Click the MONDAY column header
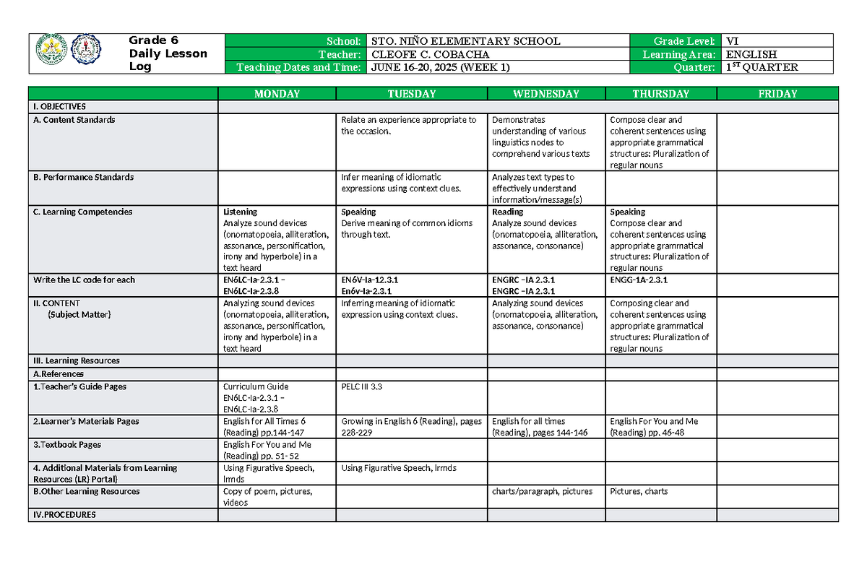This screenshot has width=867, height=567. pyautogui.click(x=277, y=94)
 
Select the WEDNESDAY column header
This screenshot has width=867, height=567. pyautogui.click(x=545, y=94)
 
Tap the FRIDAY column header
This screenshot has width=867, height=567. pyautogui.click(x=777, y=94)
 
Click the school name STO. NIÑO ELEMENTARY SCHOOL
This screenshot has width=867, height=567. pyautogui.click(x=465, y=41)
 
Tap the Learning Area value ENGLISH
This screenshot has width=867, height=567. pyautogui.click(x=751, y=54)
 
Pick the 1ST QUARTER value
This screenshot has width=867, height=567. pyautogui.click(x=762, y=67)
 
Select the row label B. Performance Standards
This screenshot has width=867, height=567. pyautogui.click(x=84, y=177)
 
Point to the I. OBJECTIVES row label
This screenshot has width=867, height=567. pyautogui.click(x=59, y=106)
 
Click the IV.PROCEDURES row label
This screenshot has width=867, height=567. pyautogui.click(x=64, y=515)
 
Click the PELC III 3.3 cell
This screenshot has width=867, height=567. pyautogui.click(x=362, y=386)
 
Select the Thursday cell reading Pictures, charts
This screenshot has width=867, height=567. pyautogui.click(x=639, y=491)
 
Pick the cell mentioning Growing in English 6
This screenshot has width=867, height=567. pyautogui.click(x=411, y=426)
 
